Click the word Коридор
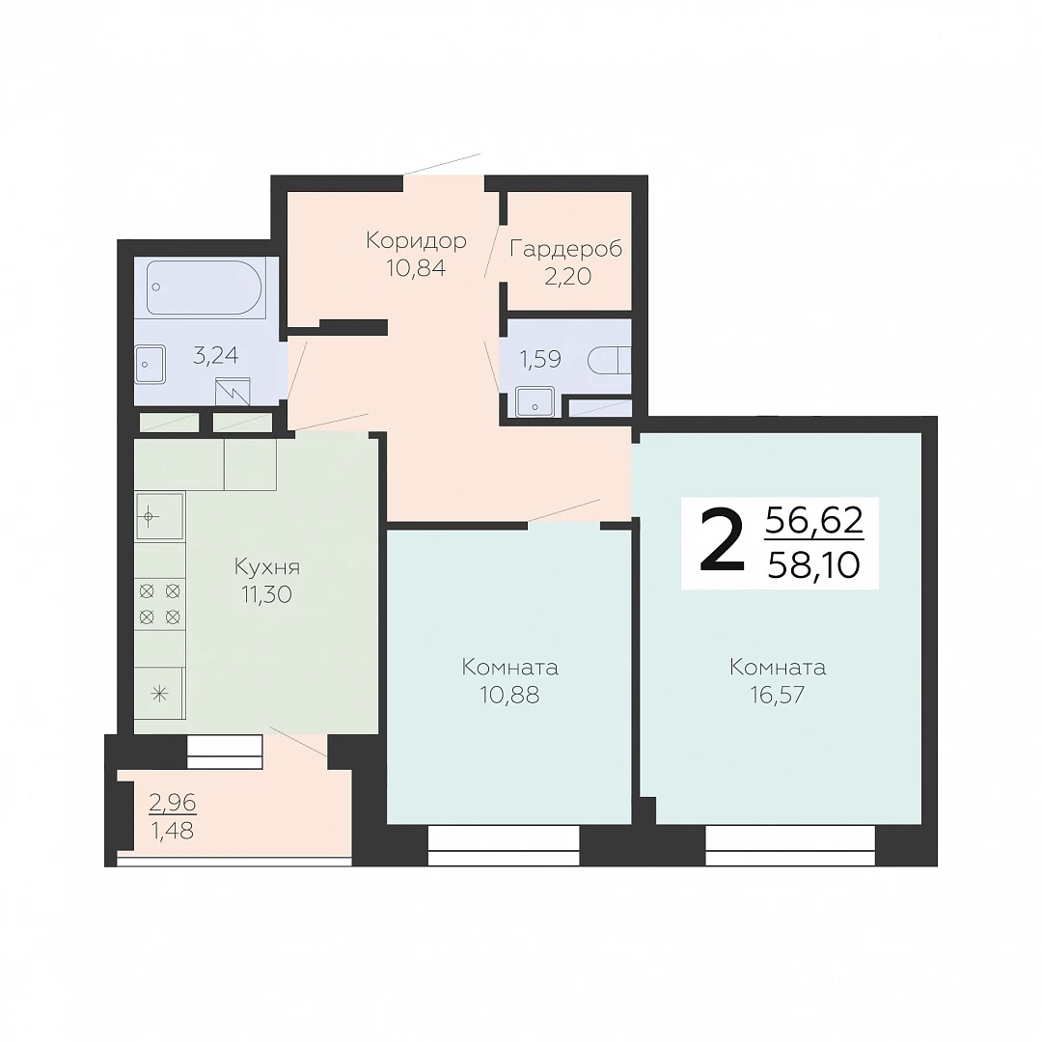point(416,240)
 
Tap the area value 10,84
point(416,268)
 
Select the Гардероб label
point(566,249)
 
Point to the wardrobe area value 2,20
point(567,277)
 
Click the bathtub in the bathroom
point(204,288)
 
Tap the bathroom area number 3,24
point(215,355)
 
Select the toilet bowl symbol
point(609,361)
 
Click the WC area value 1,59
point(539,360)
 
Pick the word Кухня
point(267,567)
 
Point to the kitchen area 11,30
point(267,594)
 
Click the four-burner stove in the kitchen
point(159,604)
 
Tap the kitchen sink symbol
point(159,516)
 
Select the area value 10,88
point(509,695)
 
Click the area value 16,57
point(778,695)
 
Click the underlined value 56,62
point(814,520)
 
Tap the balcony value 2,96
point(173,804)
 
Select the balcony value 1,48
point(173,831)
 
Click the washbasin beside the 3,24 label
point(151,364)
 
